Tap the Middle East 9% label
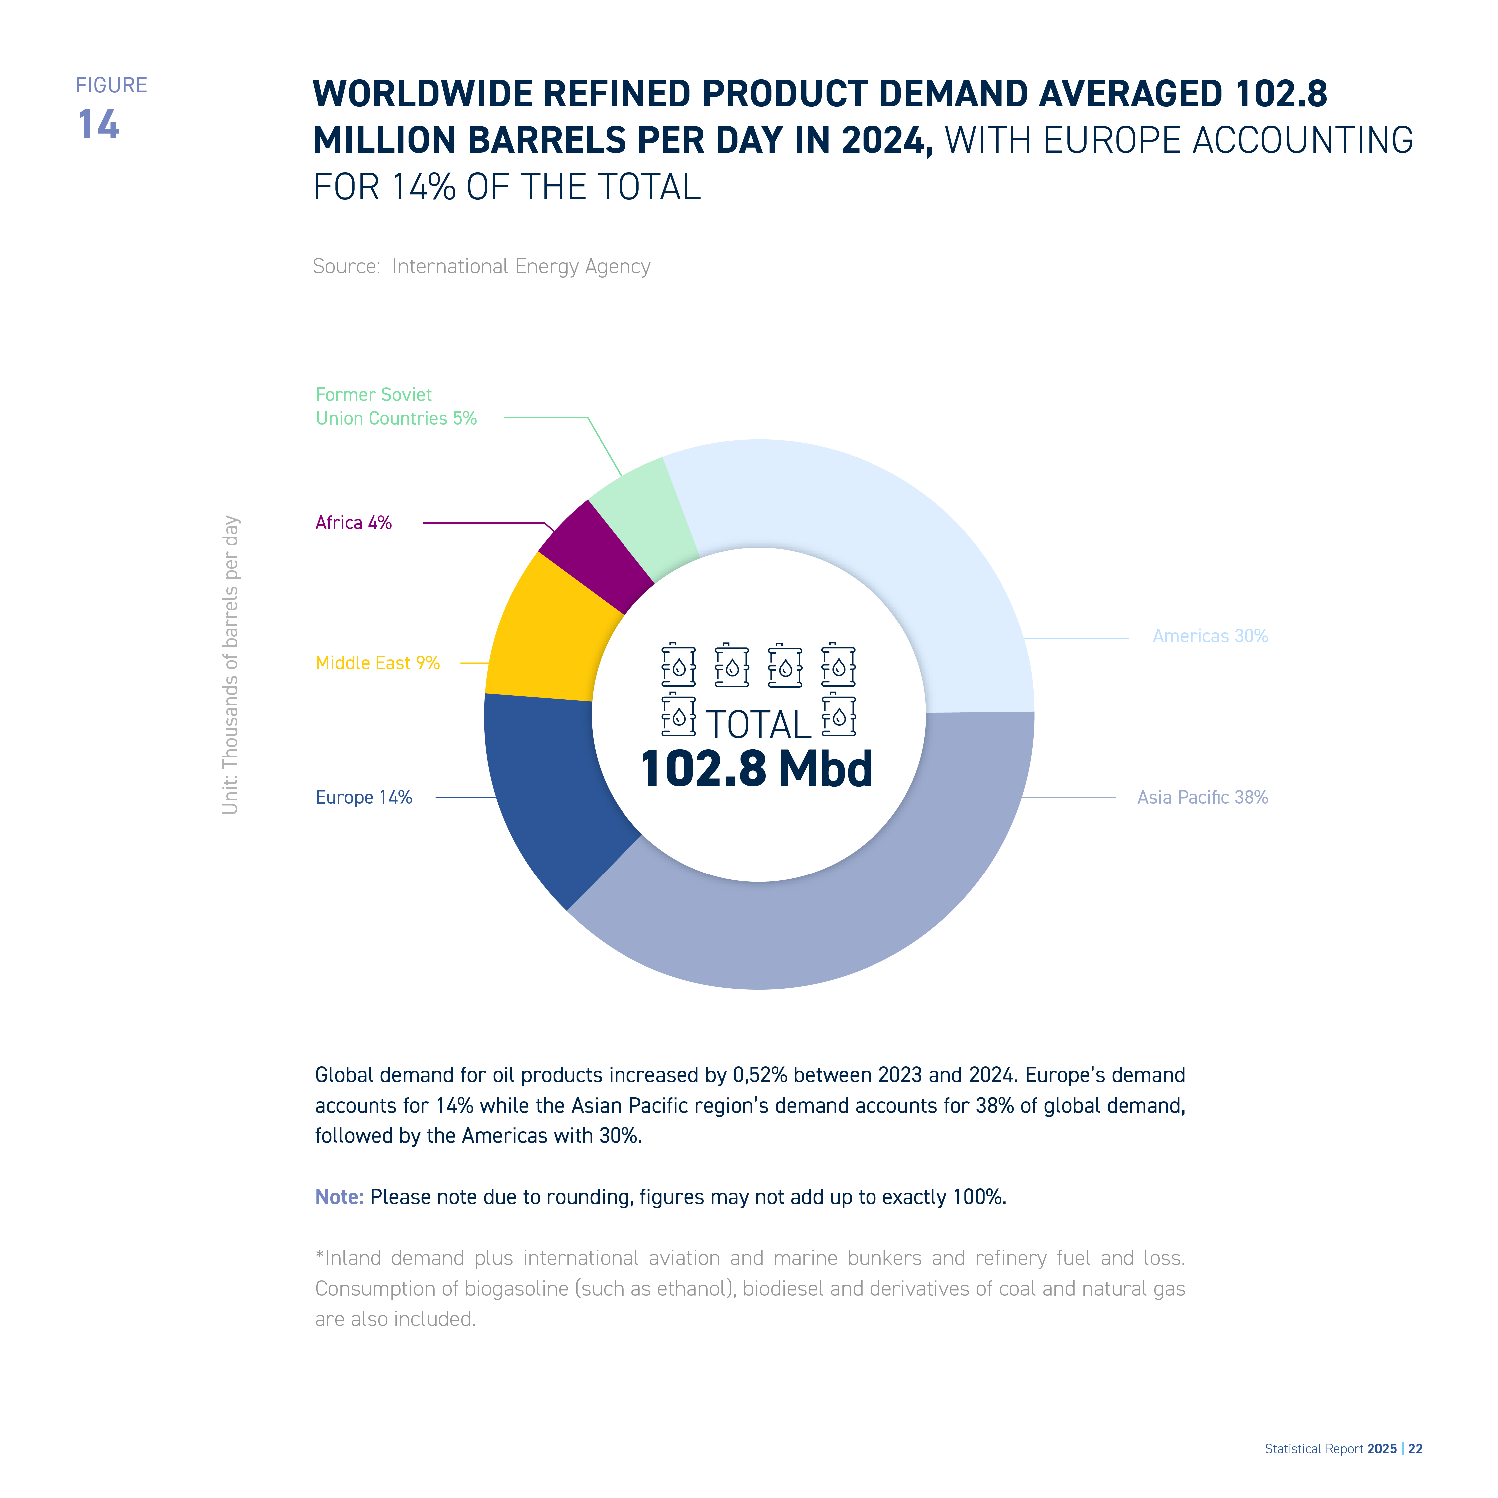click(x=377, y=663)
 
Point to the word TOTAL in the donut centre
click(x=758, y=725)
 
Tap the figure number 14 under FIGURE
click(x=99, y=124)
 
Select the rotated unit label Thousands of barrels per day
click(x=230, y=665)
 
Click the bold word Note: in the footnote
click(x=339, y=1197)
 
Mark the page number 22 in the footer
click(x=1416, y=1449)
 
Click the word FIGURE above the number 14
click(x=112, y=85)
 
